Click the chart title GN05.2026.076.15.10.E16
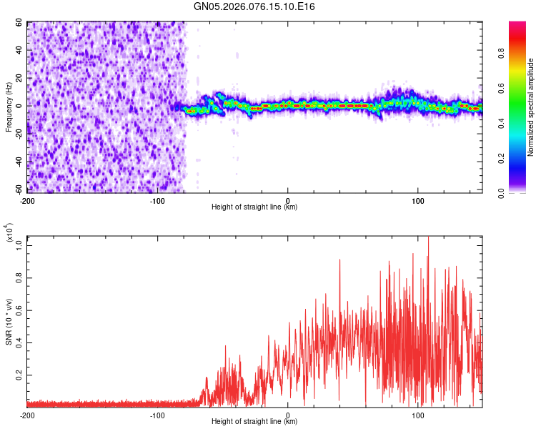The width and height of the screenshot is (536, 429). (254, 6)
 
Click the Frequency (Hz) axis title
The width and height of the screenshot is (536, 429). (9, 107)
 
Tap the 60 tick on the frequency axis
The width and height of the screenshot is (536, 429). (20, 23)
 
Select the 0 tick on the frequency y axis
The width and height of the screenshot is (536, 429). (22, 106)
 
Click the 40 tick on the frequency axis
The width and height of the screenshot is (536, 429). (20, 51)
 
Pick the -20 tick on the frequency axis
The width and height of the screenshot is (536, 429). (19, 134)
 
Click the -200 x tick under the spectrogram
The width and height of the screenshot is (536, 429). (27, 199)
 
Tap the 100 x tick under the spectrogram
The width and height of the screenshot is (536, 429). (418, 199)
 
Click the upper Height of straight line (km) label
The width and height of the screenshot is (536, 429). (254, 207)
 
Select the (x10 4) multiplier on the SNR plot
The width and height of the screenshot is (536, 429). (10, 233)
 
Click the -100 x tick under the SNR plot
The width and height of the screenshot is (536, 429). (157, 415)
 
